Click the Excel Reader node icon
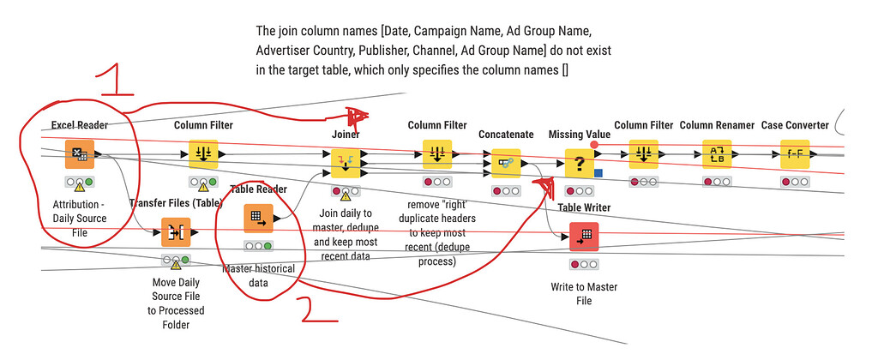[x=80, y=155]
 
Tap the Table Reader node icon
[x=258, y=219]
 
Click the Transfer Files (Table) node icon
[x=175, y=232]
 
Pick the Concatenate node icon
[x=505, y=160]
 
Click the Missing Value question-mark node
[x=580, y=162]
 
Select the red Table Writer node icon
[x=585, y=237]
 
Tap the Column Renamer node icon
[x=717, y=154]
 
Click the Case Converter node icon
[x=795, y=154]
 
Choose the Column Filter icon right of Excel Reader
[x=203, y=154]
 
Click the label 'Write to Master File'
[x=585, y=293]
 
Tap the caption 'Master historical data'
[x=258, y=275]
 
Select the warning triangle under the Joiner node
[x=346, y=195]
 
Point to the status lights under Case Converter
[x=795, y=182]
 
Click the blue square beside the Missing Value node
[x=598, y=174]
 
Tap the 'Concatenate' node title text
[x=506, y=135]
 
